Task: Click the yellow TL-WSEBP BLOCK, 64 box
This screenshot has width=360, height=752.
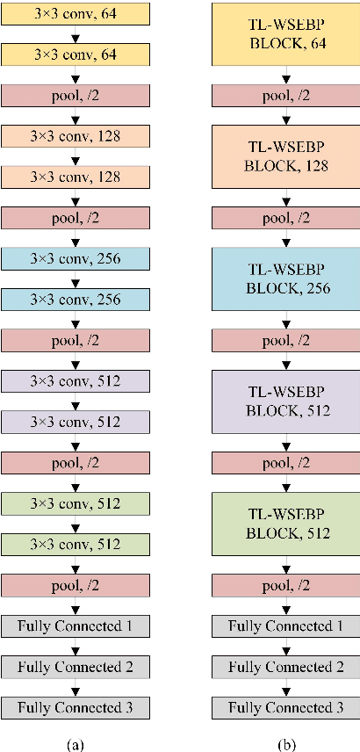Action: pos(285,33)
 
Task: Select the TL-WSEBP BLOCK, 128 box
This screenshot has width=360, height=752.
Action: pos(285,155)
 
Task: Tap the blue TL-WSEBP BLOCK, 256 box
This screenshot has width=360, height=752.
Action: pos(285,278)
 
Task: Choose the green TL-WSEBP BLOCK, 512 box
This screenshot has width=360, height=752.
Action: pos(285,524)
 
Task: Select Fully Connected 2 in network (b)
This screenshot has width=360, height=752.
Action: pos(285,667)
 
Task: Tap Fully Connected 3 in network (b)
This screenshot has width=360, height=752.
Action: pos(285,707)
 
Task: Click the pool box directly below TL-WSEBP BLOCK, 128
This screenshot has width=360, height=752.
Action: pos(285,217)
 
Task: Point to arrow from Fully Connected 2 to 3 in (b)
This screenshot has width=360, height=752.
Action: pos(285,687)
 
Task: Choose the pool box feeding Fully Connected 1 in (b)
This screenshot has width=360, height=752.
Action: pos(285,585)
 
